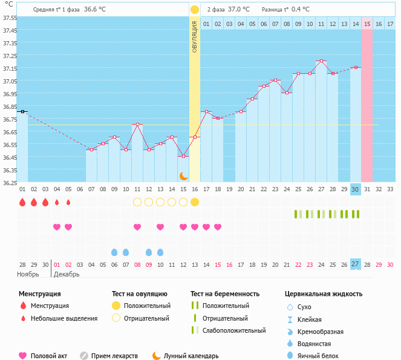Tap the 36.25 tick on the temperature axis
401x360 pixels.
click(x=9, y=182)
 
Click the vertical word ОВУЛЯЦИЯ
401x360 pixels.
click(x=195, y=36)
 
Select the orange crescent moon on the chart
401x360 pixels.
click(x=183, y=175)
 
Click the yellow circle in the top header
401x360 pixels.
click(x=195, y=10)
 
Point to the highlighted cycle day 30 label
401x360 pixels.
click(x=356, y=189)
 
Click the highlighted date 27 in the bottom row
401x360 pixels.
click(x=356, y=264)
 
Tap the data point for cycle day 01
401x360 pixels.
click(x=22, y=111)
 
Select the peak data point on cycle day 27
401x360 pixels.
click(x=321, y=61)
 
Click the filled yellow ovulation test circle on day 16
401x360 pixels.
click(x=195, y=202)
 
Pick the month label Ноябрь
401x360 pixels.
click(x=28, y=274)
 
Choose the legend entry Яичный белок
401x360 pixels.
click(x=322, y=356)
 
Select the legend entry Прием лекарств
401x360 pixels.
click(x=114, y=356)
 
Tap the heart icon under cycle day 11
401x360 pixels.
click(x=137, y=227)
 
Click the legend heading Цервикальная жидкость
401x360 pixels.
click(x=324, y=293)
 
